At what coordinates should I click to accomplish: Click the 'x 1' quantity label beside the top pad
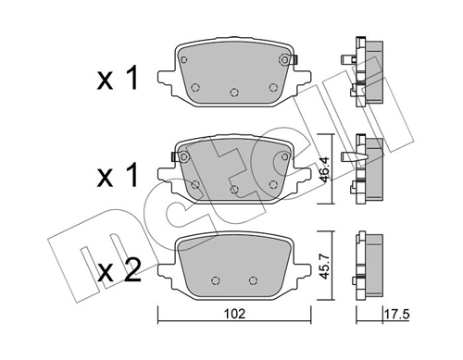tap(118, 81)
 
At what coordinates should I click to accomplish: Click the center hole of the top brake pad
tap(234, 92)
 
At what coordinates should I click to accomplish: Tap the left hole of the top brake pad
tap(195, 87)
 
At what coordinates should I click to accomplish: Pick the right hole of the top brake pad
tap(273, 87)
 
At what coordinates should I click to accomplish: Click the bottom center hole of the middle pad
tap(234, 189)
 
